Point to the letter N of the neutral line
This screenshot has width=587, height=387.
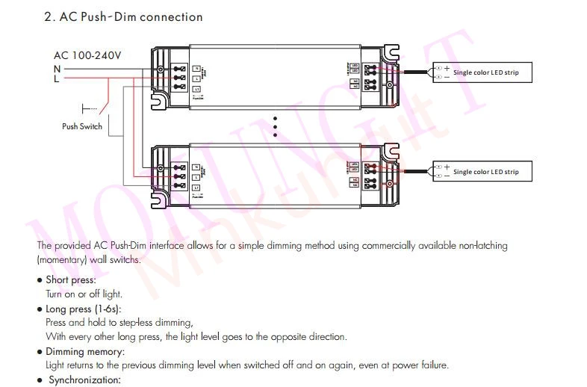(x=57, y=68)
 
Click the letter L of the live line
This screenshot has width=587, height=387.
(x=57, y=78)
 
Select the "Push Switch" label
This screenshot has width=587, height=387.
(x=82, y=126)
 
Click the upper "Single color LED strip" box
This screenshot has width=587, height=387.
(x=485, y=72)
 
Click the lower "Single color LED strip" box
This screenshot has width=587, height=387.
(x=485, y=172)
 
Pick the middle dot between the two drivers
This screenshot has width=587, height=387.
(x=275, y=126)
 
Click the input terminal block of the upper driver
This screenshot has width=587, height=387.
(x=179, y=77)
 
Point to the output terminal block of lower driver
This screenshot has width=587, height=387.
(x=369, y=174)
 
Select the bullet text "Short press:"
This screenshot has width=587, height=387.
(x=71, y=280)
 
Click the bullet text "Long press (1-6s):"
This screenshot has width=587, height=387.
(x=84, y=309)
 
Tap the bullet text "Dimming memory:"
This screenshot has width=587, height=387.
(x=85, y=351)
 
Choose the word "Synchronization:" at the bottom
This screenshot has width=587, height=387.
(x=84, y=380)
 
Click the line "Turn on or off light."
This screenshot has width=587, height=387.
(x=84, y=294)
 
